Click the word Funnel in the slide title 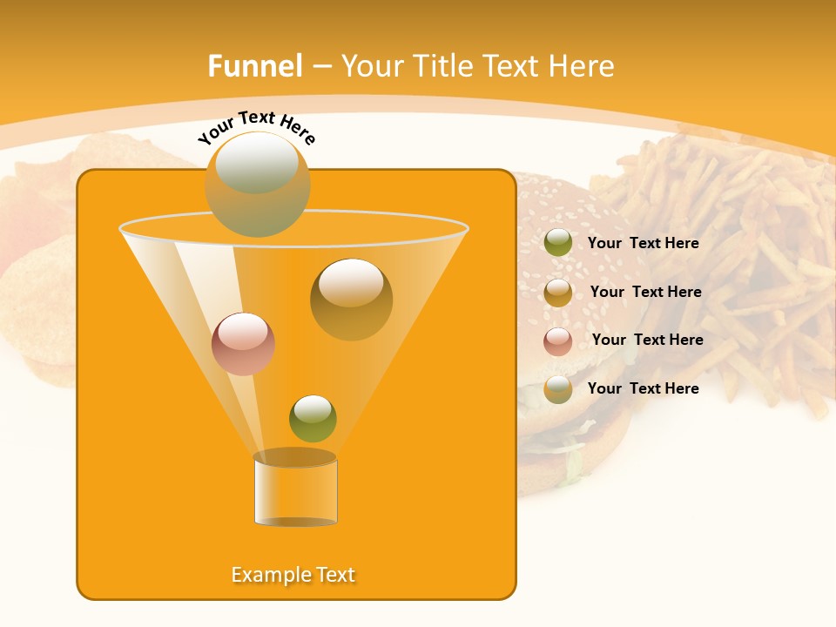pos(254,66)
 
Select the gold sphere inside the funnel pos(351,299)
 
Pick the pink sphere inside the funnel pos(243,344)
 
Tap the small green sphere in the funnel pos(313,418)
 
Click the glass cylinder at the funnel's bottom pos(295,489)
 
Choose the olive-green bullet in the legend pos(558,243)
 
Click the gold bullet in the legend pos(558,293)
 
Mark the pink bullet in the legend pos(558,341)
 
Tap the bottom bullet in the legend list pos(558,389)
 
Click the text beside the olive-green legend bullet pos(643,244)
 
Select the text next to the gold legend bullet pos(645,293)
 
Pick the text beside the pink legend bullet pos(647,340)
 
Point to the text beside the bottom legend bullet pos(643,388)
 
